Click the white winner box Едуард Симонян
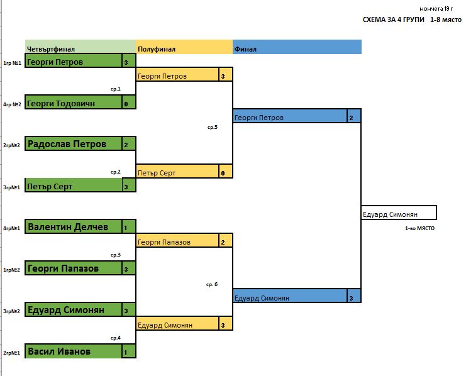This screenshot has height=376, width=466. point(397,214)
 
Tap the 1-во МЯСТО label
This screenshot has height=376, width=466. point(420,228)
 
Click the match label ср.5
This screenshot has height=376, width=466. point(212,127)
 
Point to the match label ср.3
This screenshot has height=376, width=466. point(115,255)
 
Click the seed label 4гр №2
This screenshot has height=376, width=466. point(12,104)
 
